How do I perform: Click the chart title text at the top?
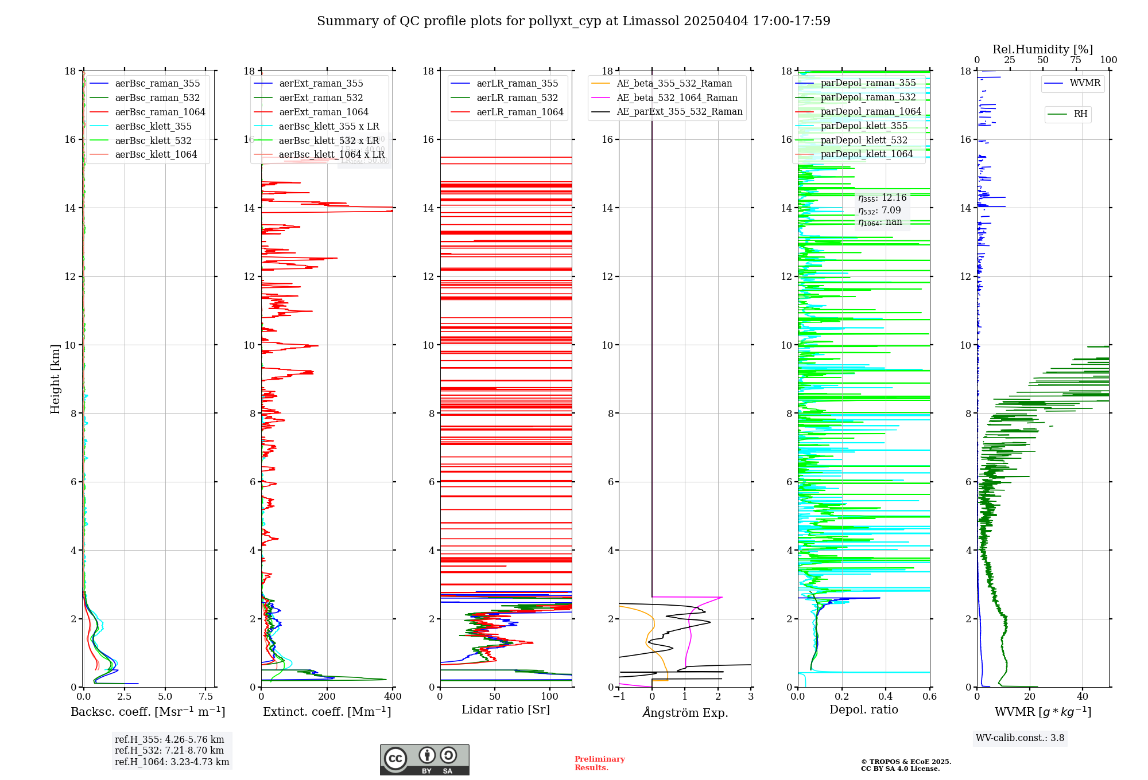(573, 21)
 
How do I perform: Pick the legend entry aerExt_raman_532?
(321, 98)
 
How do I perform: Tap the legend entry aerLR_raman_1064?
(520, 112)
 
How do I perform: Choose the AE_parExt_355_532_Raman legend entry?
(679, 112)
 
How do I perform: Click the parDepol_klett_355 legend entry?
(864, 126)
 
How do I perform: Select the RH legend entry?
(1080, 114)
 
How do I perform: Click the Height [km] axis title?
(55, 379)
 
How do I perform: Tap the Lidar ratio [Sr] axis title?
(506, 710)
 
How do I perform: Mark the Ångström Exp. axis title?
(685, 713)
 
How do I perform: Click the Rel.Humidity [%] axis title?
(1042, 49)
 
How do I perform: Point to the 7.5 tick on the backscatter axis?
(206, 697)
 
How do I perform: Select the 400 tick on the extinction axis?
(393, 697)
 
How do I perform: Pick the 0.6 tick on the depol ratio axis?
(929, 697)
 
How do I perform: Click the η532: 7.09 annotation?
(879, 210)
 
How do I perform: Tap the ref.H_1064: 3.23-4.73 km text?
(172, 762)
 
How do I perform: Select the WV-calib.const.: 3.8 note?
(1020, 738)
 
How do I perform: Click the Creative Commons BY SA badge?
(424, 760)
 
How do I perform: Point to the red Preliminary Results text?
(599, 763)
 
